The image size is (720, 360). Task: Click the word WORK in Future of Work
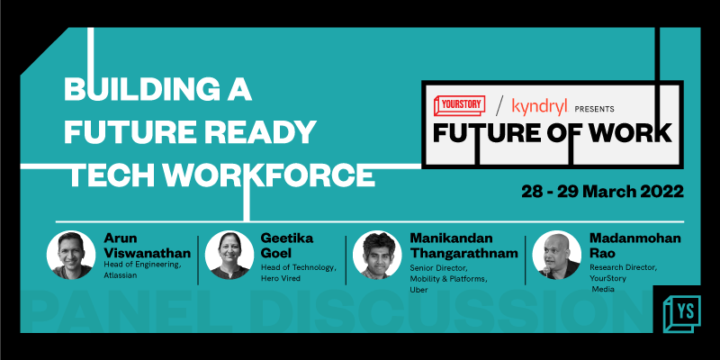628,133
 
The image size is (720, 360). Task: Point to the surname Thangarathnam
468,253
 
